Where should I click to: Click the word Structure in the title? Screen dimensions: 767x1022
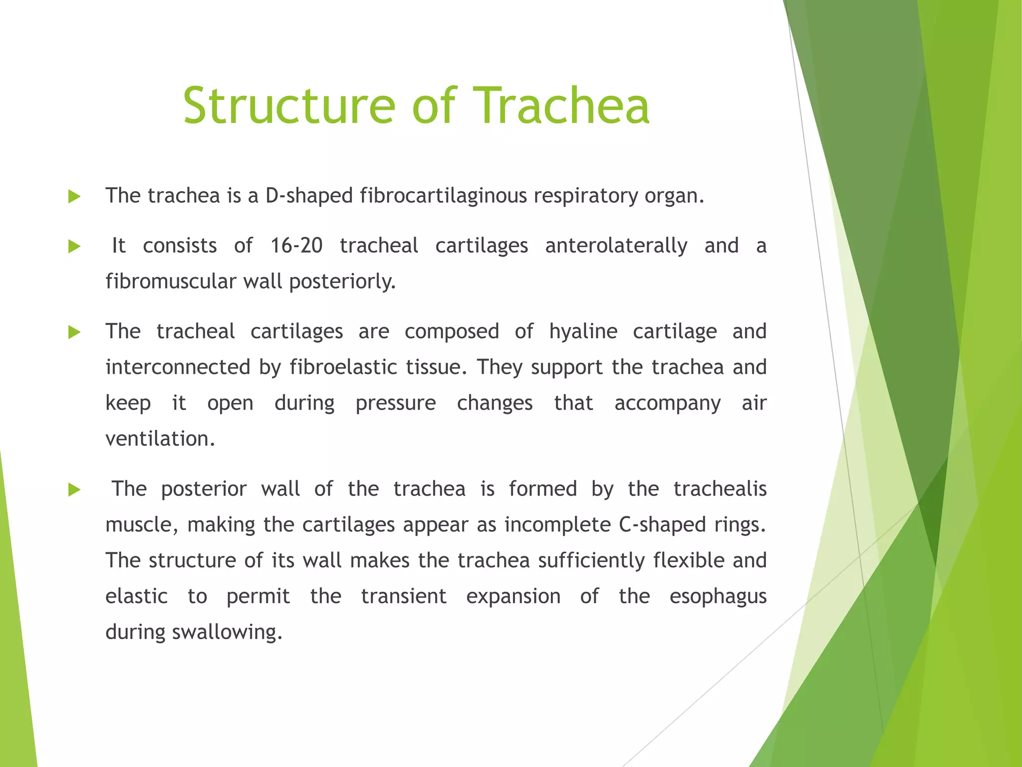click(x=289, y=105)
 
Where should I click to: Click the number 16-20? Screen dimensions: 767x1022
click(x=296, y=246)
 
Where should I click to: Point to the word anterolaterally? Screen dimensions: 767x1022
click(x=616, y=246)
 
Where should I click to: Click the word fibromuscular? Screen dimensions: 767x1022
click(x=171, y=282)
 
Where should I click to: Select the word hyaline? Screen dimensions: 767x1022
click(x=583, y=332)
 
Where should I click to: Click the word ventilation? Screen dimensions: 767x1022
click(x=160, y=439)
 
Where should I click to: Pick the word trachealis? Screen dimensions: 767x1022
click(x=720, y=489)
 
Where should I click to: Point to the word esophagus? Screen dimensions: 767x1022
click(x=718, y=597)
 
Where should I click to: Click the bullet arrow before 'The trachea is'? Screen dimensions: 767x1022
click(x=74, y=196)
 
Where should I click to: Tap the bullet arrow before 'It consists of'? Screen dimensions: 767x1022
click(x=74, y=246)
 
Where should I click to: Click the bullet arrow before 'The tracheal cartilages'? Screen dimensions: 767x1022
click(x=74, y=332)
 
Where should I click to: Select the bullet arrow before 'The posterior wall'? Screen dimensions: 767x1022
click(x=74, y=489)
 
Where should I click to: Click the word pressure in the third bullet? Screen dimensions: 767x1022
click(x=395, y=403)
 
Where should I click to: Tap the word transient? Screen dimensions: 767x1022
click(x=403, y=597)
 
